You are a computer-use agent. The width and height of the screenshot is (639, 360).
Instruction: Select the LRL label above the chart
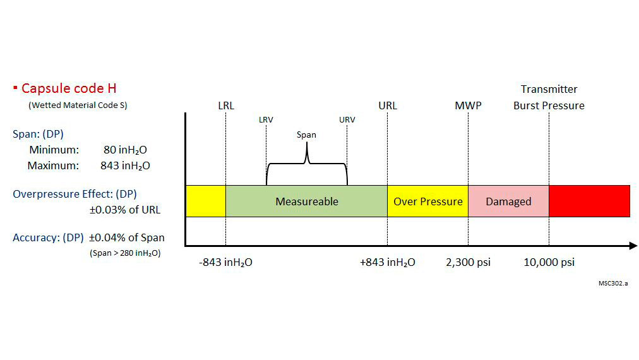pos(225,105)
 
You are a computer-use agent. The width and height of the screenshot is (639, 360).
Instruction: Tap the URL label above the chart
pos(388,105)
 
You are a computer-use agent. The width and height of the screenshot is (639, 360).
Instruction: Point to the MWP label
pos(468,105)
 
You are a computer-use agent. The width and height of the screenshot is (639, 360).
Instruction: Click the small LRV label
pos(266,120)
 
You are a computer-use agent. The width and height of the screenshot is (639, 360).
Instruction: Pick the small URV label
pos(347,120)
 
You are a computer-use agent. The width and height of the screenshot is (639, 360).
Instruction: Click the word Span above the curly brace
pos(306,135)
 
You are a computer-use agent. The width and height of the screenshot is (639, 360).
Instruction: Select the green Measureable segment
pos(307,201)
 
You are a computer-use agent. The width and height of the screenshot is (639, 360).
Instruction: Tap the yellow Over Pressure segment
pos(427,201)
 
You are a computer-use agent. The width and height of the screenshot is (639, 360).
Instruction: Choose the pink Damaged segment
pos(508,201)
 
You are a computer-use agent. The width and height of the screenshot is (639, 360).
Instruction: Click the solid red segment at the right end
pos(589,201)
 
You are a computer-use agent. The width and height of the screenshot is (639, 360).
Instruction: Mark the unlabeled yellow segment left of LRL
pos(205,201)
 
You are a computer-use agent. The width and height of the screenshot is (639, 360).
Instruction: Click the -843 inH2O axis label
pos(225,262)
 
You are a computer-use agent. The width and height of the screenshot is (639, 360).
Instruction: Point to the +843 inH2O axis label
pos(388,262)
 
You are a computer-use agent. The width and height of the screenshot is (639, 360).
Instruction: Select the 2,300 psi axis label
pos(468,262)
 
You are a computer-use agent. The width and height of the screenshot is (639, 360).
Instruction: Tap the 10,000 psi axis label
pos(549,262)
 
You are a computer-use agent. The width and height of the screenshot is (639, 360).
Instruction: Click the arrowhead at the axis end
pos(633,246)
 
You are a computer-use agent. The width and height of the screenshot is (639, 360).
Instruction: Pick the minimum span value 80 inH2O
pos(125,150)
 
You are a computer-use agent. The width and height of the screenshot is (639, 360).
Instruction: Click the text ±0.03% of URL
pos(124,210)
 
